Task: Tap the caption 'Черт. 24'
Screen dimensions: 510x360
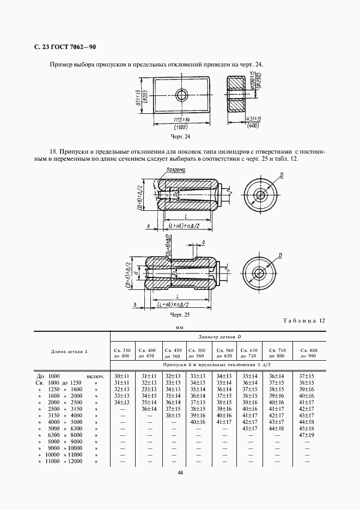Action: point(180,137)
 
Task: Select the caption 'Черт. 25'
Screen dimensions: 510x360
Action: point(180,315)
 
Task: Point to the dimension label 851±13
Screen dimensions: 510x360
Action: point(139,95)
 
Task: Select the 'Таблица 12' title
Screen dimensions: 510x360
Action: point(304,321)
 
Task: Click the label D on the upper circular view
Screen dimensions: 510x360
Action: point(280,174)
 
